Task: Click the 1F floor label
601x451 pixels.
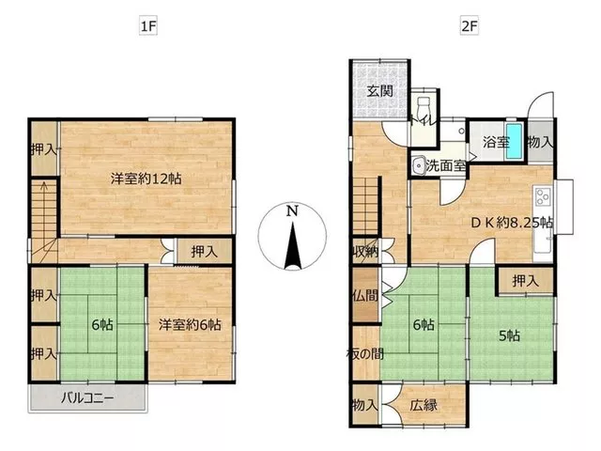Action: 148,26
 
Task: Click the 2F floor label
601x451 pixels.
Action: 470,26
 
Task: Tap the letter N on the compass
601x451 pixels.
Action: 292,210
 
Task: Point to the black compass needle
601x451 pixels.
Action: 293,245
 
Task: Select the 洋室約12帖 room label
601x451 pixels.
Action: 146,179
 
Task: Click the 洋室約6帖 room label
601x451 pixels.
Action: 190,325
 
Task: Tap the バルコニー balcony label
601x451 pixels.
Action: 87,397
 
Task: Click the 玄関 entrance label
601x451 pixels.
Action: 379,91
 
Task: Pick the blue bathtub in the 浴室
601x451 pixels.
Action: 515,141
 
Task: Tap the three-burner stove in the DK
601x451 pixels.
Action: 543,197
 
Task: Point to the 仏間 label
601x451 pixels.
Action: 365,295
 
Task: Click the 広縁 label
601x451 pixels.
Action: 424,405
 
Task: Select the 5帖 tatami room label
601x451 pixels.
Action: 509,336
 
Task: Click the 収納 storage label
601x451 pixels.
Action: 365,252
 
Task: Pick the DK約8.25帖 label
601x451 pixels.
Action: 512,223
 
